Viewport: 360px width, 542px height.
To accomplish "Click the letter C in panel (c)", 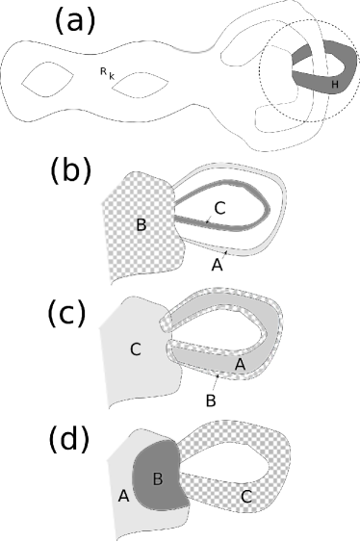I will tap(135, 348).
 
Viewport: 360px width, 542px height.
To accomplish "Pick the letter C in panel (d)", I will tap(246, 498).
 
